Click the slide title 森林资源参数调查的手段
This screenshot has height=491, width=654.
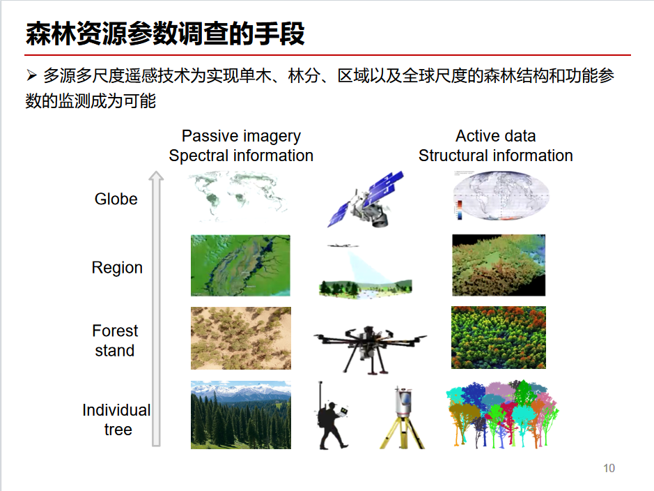tap(165, 33)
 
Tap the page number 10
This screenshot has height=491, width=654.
tap(609, 468)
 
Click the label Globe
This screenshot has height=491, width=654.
tap(116, 199)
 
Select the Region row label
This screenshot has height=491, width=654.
tap(117, 268)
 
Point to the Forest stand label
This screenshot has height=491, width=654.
tap(115, 340)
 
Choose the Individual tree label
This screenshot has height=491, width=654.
tap(116, 420)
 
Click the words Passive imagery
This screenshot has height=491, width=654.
tap(241, 136)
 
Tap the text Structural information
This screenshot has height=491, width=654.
tap(495, 156)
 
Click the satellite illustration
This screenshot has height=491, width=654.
tap(366, 199)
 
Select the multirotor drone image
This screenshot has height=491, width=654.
tap(370, 349)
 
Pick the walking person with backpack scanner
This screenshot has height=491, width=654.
tap(332, 416)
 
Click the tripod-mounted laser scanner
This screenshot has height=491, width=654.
tap(402, 418)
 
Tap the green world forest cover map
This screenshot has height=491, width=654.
tap(238, 196)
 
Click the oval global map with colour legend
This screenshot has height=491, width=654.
tap(501, 195)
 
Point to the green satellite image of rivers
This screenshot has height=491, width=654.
tap(241, 266)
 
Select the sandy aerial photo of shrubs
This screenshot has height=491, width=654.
tap(241, 338)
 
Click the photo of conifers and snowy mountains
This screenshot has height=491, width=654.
tap(241, 415)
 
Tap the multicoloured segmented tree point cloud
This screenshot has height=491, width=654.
tap(502, 414)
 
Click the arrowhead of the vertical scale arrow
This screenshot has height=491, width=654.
tap(157, 176)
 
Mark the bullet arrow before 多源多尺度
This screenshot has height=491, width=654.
tap(32, 75)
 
